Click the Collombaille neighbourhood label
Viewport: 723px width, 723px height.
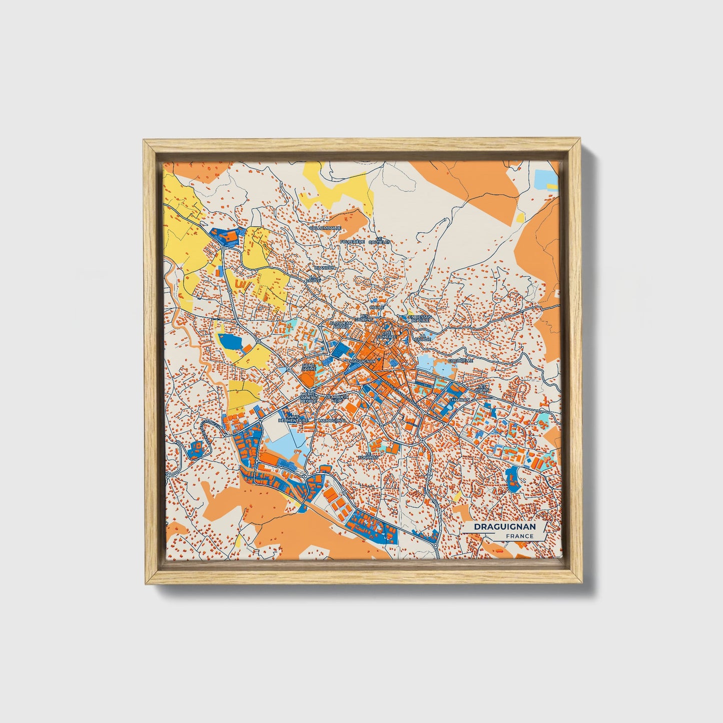pyautogui.click(x=325, y=228)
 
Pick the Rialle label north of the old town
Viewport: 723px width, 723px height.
pyautogui.click(x=376, y=307)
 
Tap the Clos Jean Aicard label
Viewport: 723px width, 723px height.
pyautogui.click(x=341, y=325)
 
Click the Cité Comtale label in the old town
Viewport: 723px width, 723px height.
pyautogui.click(x=389, y=335)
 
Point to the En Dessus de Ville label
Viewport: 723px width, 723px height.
pyautogui.click(x=419, y=318)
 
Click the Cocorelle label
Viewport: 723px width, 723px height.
pyautogui.click(x=460, y=360)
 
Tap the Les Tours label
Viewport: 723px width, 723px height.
pyautogui.click(x=483, y=388)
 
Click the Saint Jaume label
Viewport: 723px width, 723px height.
pyautogui.click(x=309, y=367)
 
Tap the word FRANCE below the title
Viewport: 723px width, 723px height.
pyautogui.click(x=519, y=536)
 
